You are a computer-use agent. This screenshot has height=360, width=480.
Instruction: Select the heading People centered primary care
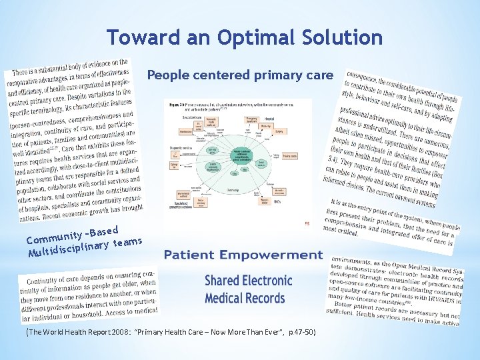[x=239, y=75]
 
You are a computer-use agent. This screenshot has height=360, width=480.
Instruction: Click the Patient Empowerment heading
[x=243, y=255]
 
